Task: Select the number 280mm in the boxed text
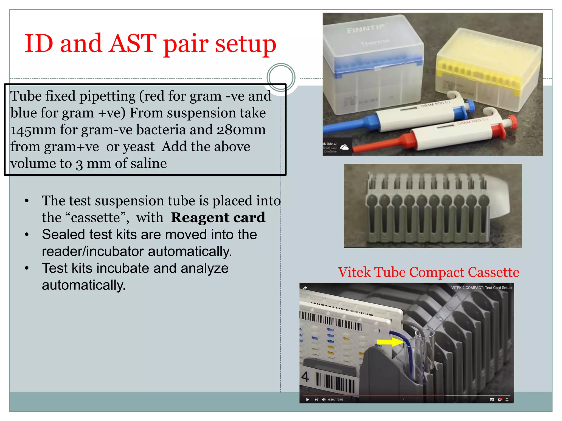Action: (241, 130)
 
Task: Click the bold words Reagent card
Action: (218, 218)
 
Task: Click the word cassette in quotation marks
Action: (96, 218)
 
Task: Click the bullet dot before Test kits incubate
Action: (27, 268)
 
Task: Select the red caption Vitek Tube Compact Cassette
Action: (428, 272)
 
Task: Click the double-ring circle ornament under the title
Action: (281, 78)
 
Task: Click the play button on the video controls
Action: (307, 400)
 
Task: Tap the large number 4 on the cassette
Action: (305, 377)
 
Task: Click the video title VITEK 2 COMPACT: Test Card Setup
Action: (481, 288)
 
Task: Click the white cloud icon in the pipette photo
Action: (344, 147)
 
